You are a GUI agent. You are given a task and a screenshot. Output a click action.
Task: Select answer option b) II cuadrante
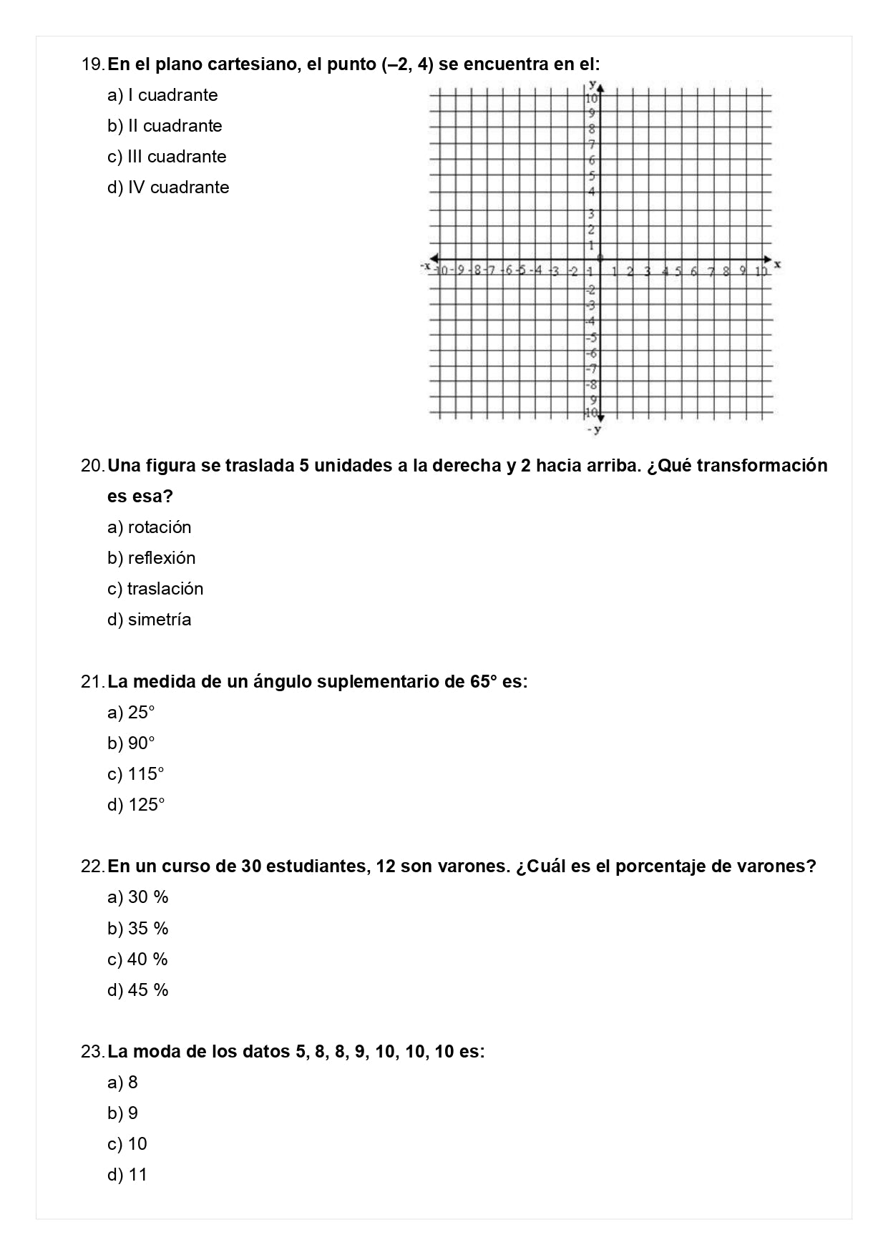coord(165,126)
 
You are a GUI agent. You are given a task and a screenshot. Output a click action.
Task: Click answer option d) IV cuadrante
coord(168,187)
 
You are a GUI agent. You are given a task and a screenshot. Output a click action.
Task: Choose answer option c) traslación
coord(155,589)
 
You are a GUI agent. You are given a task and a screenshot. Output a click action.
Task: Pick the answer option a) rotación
coord(149,527)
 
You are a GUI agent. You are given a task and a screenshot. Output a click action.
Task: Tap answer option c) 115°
coord(136,774)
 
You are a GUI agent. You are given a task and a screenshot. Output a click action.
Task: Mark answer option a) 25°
coord(131,713)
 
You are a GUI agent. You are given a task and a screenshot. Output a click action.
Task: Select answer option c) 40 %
coord(137,959)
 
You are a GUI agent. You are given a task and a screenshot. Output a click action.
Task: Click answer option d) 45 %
coord(137,990)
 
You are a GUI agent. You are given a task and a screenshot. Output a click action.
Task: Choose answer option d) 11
coord(127,1175)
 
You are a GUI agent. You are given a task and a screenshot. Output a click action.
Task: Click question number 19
coord(93,64)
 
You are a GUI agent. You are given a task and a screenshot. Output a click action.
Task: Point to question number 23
coord(93,1052)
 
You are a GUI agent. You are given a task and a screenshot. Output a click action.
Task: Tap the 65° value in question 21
coord(483,682)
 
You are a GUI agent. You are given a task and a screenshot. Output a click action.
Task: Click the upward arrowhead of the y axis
coord(601,88)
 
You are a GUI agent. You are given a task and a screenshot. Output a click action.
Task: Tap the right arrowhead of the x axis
coord(768,259)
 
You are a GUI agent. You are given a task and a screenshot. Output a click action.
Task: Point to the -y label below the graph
coord(594,429)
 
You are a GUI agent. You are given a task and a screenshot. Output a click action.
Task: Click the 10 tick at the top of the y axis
coord(592,99)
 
